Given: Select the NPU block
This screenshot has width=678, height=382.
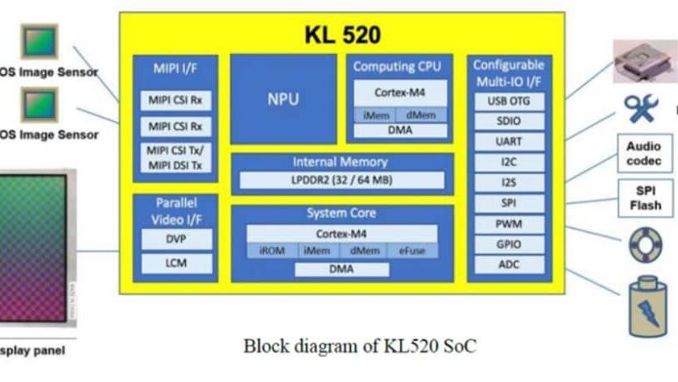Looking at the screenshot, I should pos(283,98).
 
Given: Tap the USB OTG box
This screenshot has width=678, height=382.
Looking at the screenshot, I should pos(509,101).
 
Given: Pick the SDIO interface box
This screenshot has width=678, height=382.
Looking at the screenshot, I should pos(509,121).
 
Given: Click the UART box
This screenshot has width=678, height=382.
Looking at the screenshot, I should pos(509,141).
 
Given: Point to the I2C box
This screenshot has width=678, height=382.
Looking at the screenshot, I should pos(509,162).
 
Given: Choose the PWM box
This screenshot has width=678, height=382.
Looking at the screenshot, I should pos(509,224).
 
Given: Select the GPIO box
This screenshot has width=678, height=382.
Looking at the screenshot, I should pos(509,244).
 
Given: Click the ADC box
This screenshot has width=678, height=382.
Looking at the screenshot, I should pos(509,264).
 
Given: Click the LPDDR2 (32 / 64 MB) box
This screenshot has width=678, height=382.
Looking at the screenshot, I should pos(342,180).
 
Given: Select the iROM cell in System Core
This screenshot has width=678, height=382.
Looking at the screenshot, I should pos(269,250).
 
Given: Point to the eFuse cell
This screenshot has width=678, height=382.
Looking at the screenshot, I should pos(412,250).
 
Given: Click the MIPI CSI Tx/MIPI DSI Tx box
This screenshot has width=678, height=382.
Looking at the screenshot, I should pos(175,158).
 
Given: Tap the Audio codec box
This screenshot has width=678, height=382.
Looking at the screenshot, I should pos(644,153).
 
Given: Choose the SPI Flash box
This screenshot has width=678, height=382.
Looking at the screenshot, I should pos(644,198).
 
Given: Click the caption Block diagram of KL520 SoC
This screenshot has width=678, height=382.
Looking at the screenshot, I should pos(361,345).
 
